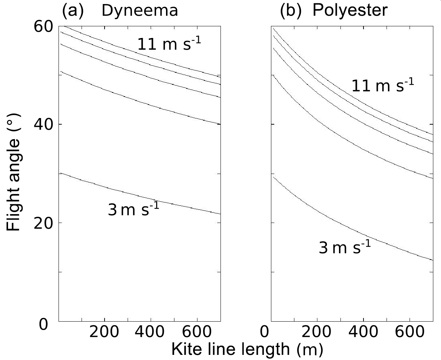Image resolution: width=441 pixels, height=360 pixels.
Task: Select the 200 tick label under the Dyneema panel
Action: (x=104, y=333)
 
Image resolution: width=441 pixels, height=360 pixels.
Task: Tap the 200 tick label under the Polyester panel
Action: (x=317, y=333)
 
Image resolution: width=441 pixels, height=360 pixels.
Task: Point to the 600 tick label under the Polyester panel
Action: (x=410, y=333)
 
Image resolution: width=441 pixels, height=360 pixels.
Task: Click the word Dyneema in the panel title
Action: (x=140, y=11)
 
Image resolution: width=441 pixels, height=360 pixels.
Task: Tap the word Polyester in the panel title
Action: (x=350, y=11)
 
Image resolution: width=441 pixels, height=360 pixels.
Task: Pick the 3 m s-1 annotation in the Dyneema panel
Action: (x=133, y=210)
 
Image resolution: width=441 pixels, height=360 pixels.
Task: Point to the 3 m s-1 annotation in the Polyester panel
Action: (x=345, y=248)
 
